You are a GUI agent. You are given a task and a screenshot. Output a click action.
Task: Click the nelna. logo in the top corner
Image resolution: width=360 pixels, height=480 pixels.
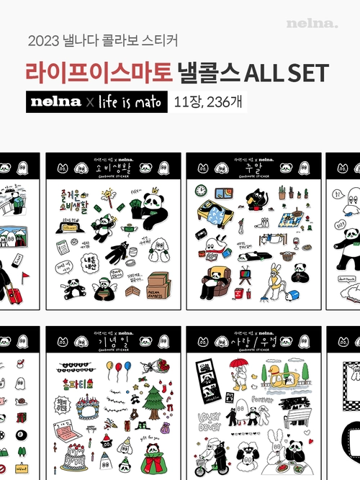(x=312, y=23)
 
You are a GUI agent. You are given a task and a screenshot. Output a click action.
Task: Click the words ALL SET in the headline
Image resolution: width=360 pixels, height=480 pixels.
(x=288, y=72)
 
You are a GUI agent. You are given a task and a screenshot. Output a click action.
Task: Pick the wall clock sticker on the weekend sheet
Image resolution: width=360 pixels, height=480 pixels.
(x=201, y=191)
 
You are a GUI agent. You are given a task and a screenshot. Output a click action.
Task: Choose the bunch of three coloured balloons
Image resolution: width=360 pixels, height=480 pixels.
(x=115, y=371)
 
